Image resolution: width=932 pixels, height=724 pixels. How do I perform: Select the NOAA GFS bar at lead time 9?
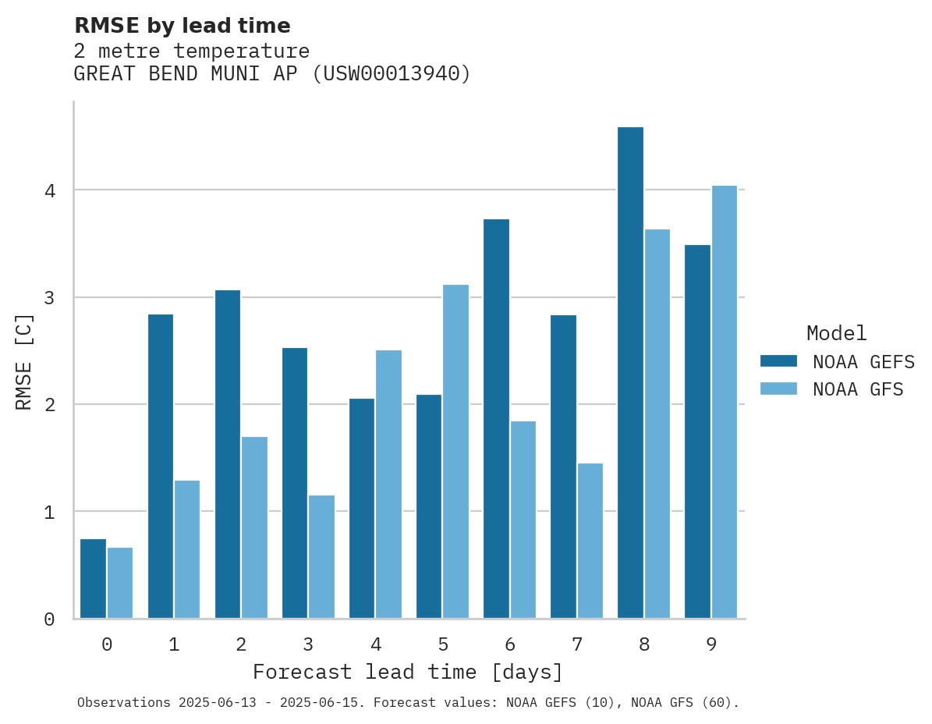point(725,402)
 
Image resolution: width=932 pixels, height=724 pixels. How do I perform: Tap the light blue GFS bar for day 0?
point(120,583)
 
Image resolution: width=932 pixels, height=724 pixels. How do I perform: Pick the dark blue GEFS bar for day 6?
point(496,419)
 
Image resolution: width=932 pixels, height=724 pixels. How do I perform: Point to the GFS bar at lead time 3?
point(321,557)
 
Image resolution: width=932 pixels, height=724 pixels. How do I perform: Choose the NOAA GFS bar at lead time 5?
point(455,452)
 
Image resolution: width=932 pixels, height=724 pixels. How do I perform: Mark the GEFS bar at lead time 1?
point(161,467)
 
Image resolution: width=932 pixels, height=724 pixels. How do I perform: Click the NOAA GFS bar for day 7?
point(590,541)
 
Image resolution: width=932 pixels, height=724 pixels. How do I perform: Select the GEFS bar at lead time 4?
point(362,509)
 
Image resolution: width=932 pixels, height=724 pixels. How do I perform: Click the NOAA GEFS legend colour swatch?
point(778,361)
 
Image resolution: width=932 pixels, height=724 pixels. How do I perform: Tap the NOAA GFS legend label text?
point(858,389)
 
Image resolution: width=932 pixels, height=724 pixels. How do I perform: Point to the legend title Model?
point(836,334)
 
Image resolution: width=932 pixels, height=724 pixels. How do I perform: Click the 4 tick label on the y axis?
point(48,190)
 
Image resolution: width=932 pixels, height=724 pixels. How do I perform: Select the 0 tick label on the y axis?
point(48,619)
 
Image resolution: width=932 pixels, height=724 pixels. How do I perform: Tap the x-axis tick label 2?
point(241,645)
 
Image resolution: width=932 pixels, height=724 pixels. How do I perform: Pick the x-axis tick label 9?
point(711,645)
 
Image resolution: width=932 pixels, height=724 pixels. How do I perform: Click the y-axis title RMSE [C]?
point(24,361)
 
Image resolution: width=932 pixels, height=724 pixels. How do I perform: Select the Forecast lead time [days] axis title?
point(407,673)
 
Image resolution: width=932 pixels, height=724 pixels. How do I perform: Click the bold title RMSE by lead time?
point(182,26)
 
